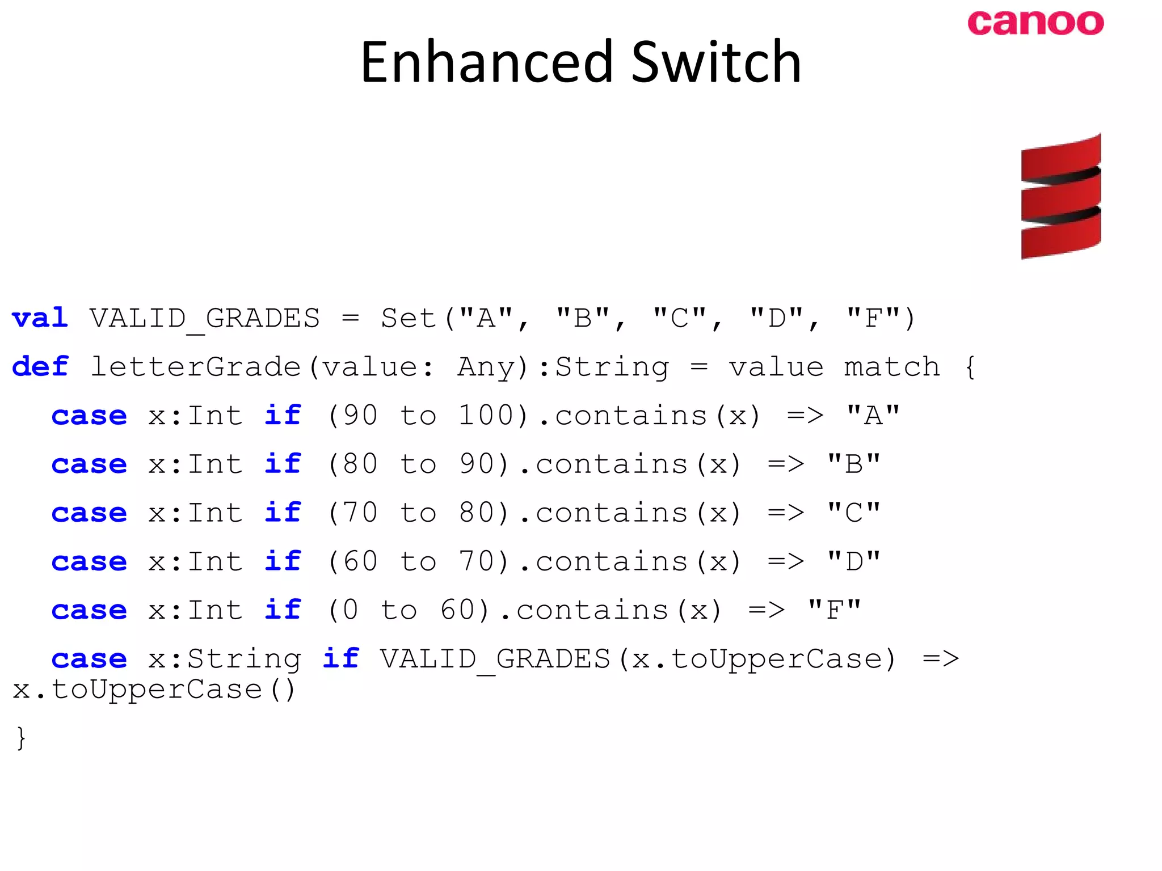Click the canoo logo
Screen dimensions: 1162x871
pyautogui.click(x=1035, y=23)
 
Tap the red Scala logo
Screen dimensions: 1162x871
pyautogui.click(x=1060, y=196)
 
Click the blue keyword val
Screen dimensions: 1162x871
pyautogui.click(x=40, y=318)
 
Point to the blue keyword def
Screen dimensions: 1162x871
pyautogui.click(x=40, y=367)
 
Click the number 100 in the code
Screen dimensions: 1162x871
pyautogui.click(x=486, y=416)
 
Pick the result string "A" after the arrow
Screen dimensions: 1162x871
pyautogui.click(x=873, y=416)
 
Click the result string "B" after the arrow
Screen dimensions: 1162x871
pyautogui.click(x=853, y=464)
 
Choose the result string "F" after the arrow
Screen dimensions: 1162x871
pyautogui.click(x=834, y=610)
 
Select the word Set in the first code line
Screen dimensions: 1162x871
pyautogui.click(x=409, y=319)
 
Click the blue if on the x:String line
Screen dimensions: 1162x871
pyautogui.click(x=340, y=658)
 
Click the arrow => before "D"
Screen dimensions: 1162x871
pyautogui.click(x=785, y=561)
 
